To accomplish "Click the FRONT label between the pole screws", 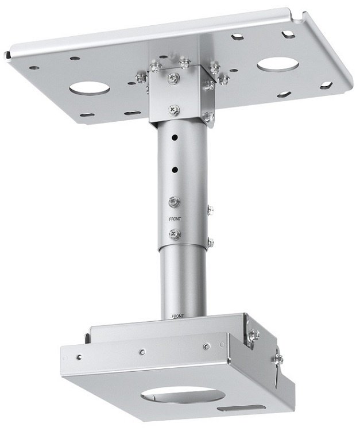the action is click(x=175, y=219).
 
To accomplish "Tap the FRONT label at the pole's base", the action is click(x=177, y=316).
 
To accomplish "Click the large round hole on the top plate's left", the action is click(x=90, y=88).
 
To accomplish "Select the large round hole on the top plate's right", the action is click(x=278, y=65).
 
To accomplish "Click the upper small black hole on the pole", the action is click(x=174, y=137).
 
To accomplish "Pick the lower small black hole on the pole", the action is click(x=175, y=170).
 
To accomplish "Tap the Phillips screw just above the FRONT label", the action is click(x=175, y=202).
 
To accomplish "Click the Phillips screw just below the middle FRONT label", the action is click(x=175, y=234).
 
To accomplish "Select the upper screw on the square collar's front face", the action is click(x=174, y=78).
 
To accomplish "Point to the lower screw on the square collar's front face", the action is click(x=174, y=110).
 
